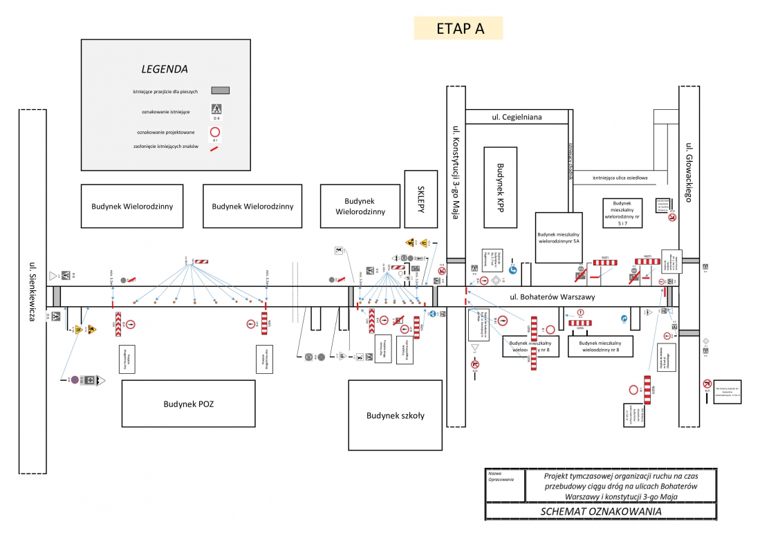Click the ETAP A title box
[x=458, y=28]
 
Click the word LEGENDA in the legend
[x=165, y=69]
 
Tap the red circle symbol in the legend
[x=216, y=132]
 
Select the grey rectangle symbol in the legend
[x=220, y=90]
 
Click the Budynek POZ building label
[x=189, y=404]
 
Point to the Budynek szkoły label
[x=395, y=415]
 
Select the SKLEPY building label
[x=420, y=198]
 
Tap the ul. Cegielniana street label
[x=517, y=117]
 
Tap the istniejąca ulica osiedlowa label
[x=620, y=178]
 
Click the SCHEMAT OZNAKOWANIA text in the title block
[x=600, y=511]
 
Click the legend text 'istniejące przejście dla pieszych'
[x=165, y=91]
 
